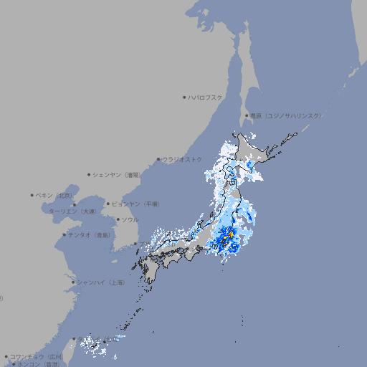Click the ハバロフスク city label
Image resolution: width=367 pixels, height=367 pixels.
[x=206, y=97]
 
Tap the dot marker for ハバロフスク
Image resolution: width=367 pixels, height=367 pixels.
[x=185, y=97]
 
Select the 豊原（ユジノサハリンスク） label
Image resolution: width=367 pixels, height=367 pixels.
[x=285, y=115]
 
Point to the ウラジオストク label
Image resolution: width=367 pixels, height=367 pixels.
[x=182, y=159]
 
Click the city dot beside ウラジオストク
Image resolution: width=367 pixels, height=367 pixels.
[x=158, y=159]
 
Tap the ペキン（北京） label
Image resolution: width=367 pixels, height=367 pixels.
[x=55, y=195]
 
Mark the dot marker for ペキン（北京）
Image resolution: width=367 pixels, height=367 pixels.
[x=32, y=195]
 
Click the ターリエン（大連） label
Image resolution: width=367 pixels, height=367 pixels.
[x=72, y=211]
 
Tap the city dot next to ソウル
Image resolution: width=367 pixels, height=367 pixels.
[x=117, y=219]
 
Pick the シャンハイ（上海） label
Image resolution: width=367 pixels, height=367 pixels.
[x=101, y=282]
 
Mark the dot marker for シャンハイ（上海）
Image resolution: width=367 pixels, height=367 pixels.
[x=74, y=282]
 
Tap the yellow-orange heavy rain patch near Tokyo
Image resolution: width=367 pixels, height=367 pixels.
[x=227, y=236]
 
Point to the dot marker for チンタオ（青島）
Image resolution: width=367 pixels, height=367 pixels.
[x=64, y=234]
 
